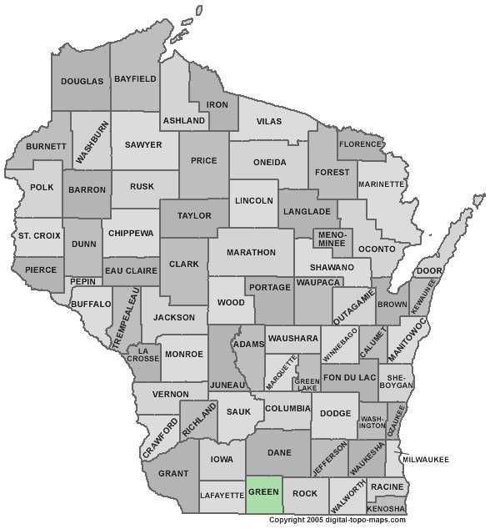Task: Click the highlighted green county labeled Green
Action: (x=263, y=493)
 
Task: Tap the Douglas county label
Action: (x=82, y=81)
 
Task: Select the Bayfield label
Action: (x=136, y=78)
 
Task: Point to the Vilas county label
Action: (x=269, y=121)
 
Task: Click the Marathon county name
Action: (x=251, y=252)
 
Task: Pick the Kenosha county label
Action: (x=387, y=507)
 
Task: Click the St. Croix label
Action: (x=39, y=236)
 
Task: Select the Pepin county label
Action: (x=82, y=282)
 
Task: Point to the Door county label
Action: (x=428, y=271)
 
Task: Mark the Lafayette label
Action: (x=222, y=496)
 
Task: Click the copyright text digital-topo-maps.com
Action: (x=337, y=521)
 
